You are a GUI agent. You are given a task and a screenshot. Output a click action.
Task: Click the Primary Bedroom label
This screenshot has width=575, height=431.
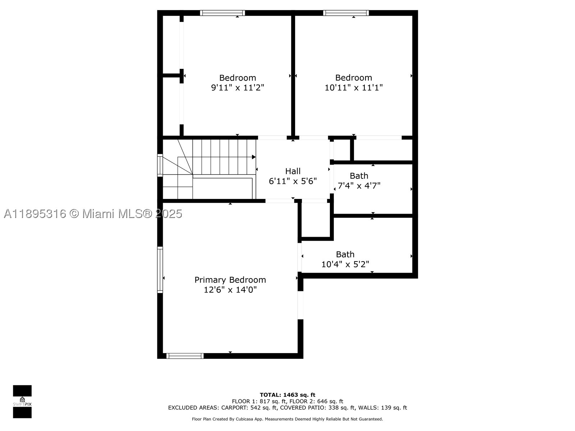tap(230, 280)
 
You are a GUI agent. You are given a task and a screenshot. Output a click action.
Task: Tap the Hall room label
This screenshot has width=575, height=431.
tap(293, 171)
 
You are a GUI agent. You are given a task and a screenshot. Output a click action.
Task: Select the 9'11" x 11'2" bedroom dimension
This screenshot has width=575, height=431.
tap(238, 87)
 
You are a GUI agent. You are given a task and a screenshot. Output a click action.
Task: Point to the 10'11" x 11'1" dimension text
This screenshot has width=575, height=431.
tap(354, 87)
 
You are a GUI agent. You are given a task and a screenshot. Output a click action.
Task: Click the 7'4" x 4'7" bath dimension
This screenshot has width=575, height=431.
tap(359, 186)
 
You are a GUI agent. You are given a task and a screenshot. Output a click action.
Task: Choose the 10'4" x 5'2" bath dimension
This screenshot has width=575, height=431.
tap(345, 264)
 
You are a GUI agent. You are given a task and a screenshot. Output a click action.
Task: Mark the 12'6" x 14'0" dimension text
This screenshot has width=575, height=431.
tap(230, 290)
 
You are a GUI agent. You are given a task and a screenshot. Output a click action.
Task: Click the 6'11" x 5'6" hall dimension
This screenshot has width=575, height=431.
tap(293, 181)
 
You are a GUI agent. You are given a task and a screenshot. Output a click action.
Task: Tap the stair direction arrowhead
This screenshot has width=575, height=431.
tap(254, 157)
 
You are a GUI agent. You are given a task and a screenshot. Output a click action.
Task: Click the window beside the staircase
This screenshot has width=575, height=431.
tap(160, 165)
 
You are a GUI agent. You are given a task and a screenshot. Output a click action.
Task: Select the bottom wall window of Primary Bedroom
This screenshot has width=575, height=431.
tap(185, 356)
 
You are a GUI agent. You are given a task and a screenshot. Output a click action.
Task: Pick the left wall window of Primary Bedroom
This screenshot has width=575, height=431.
tap(160, 269)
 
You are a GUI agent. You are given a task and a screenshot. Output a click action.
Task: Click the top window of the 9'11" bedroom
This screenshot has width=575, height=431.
tap(223, 13)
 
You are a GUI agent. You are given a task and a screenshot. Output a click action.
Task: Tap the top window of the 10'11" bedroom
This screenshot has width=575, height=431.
tap(346, 13)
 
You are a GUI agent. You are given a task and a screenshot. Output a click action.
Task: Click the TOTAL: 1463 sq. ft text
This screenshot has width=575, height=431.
tap(287, 395)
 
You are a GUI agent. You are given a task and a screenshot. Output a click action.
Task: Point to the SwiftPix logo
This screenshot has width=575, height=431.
tap(22, 402)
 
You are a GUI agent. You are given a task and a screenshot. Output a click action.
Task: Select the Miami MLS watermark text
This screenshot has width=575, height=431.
tap(93, 214)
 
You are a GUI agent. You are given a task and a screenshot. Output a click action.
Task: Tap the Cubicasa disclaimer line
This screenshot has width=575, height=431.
tap(287, 419)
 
